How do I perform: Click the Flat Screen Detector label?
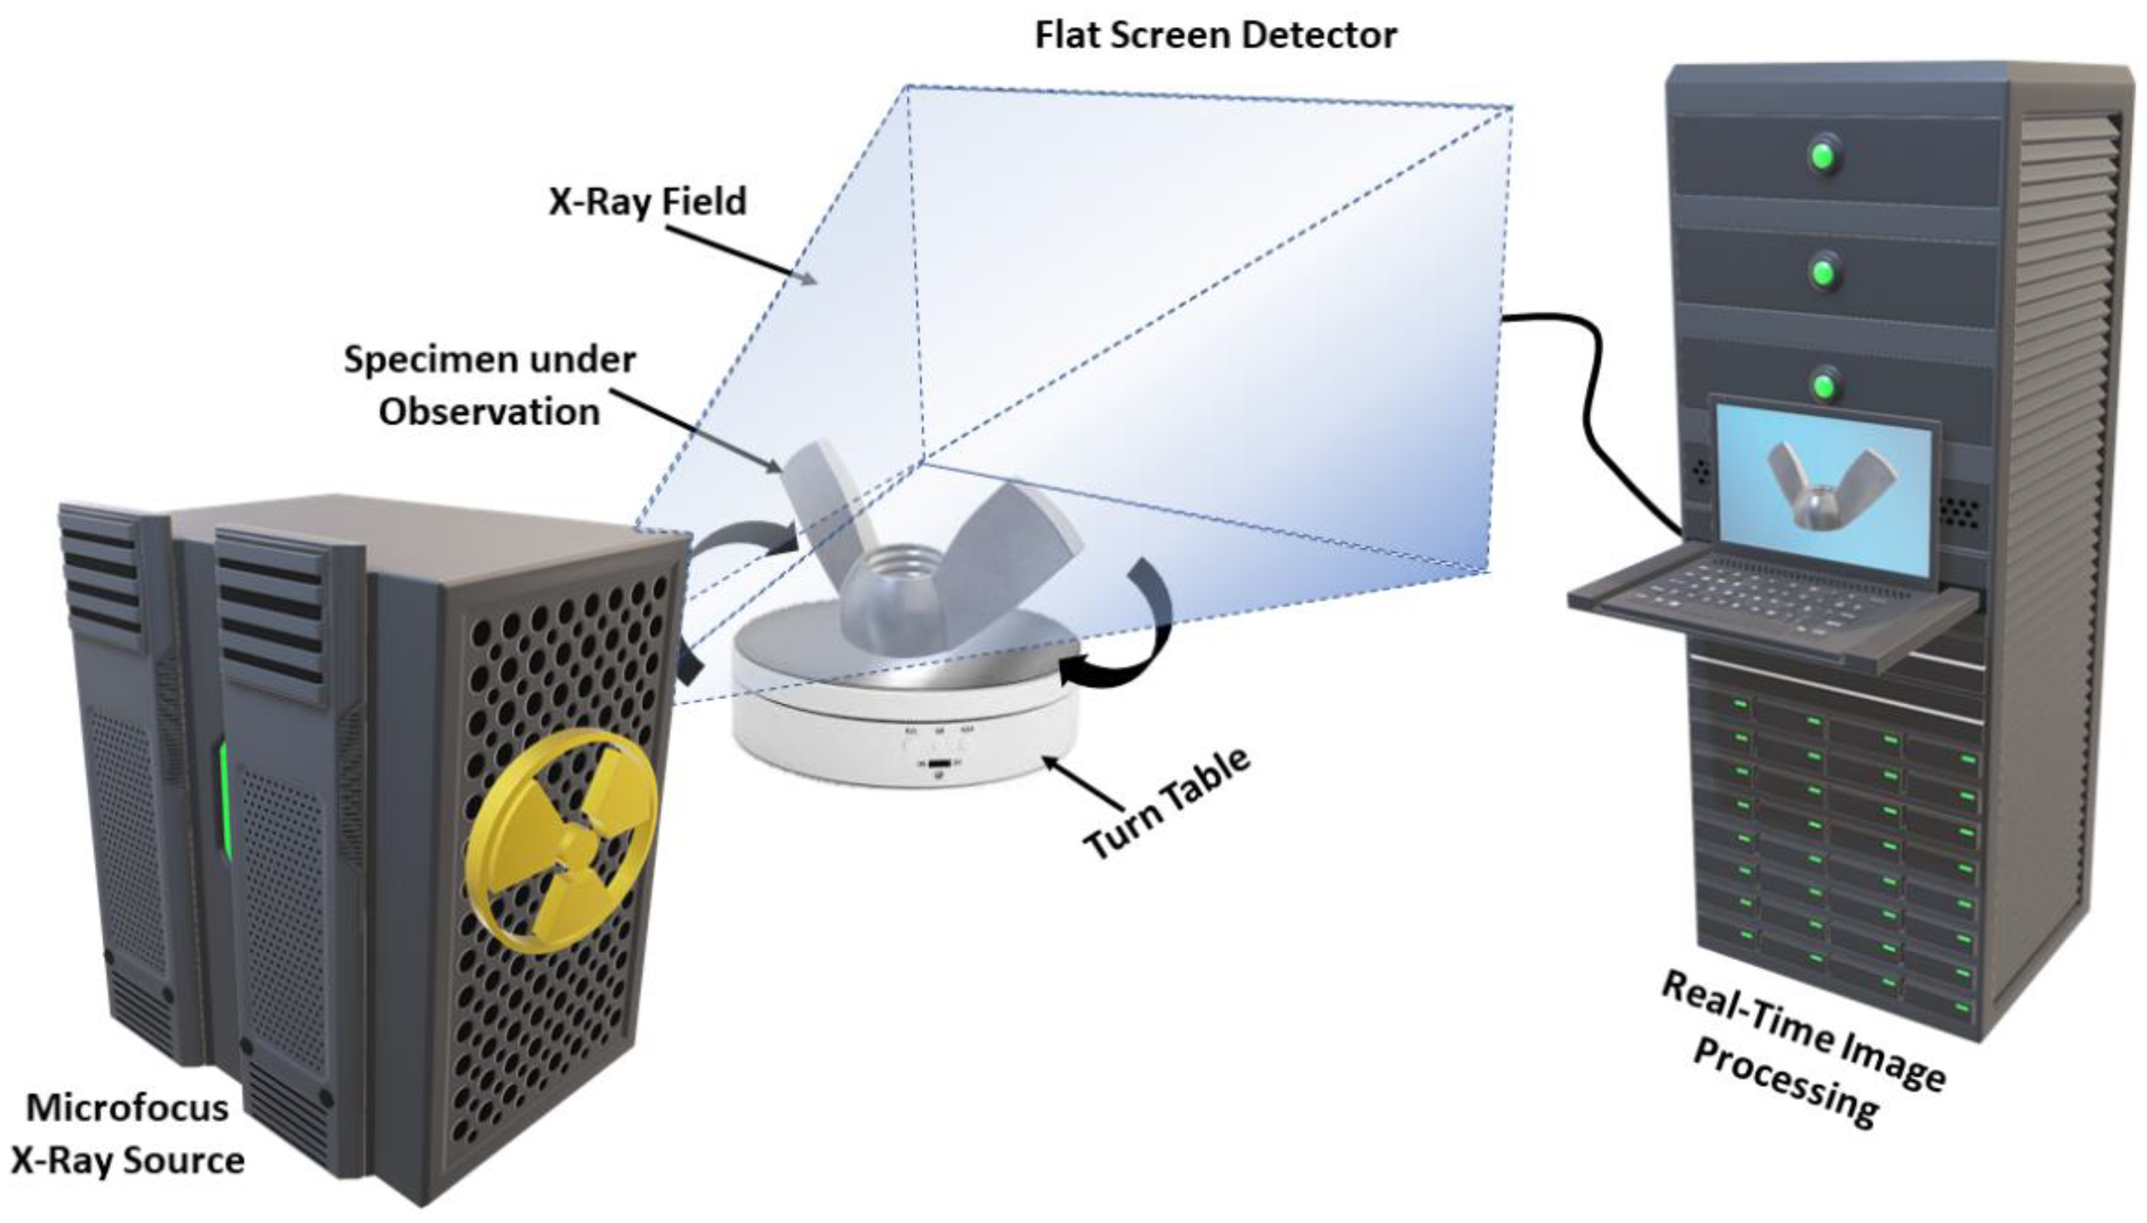pos(1214,35)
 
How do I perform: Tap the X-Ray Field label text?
pos(647,202)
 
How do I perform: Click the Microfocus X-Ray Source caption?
pos(128,1134)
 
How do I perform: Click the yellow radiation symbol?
pos(561,840)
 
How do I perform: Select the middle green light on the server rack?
pos(1824,272)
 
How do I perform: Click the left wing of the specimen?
pos(815,504)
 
